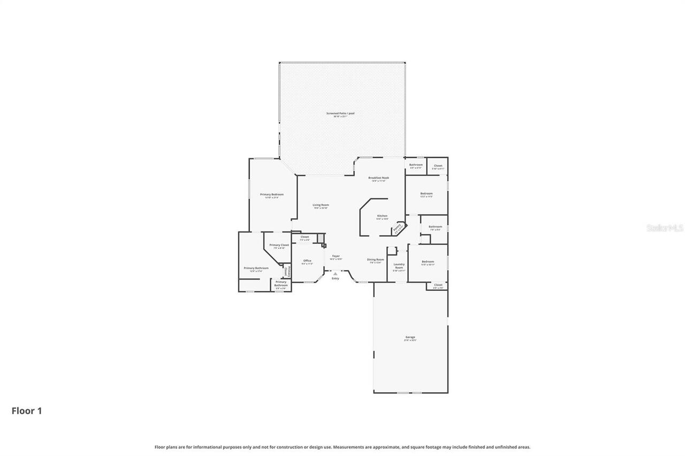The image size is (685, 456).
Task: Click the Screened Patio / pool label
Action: click(340, 113)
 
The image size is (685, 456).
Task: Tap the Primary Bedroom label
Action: click(272, 195)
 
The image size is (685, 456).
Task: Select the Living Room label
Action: click(321, 205)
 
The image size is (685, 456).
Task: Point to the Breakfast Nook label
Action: click(378, 178)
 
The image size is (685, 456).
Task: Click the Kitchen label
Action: click(382, 216)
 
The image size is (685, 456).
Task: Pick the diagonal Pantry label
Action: click(398, 229)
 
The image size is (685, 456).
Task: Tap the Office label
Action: click(307, 261)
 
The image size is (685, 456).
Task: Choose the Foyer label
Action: click(336, 256)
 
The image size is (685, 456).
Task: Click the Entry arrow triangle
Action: click(336, 273)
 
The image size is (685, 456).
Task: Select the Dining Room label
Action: click(376, 260)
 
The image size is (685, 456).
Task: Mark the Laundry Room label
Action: click(399, 266)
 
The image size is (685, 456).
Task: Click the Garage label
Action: click(410, 337)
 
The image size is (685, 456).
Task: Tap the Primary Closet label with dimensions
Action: click(279, 245)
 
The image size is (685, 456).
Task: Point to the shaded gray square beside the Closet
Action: click(321, 238)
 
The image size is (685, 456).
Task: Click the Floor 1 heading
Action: click(27, 411)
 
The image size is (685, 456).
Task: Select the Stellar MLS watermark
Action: click(665, 228)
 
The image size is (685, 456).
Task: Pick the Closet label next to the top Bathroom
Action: click(438, 166)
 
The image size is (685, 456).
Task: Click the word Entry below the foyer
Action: click(336, 279)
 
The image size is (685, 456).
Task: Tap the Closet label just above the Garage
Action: click(438, 285)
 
